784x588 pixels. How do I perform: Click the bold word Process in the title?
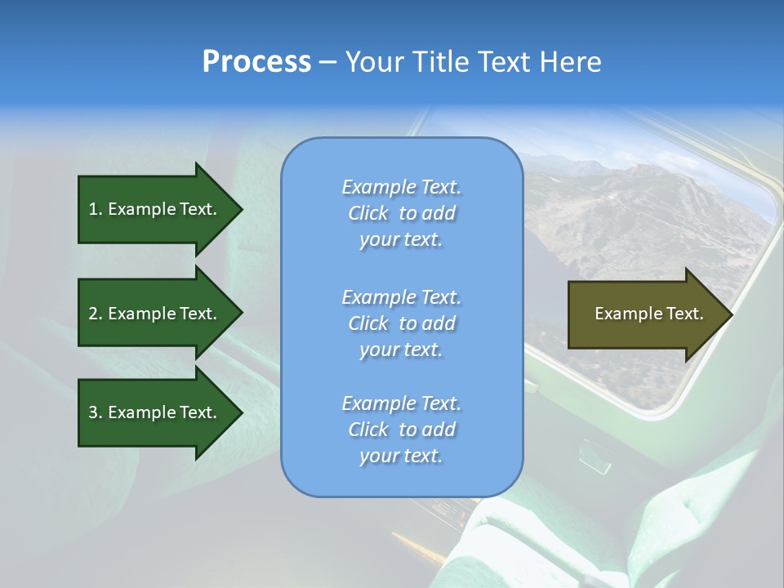point(256,62)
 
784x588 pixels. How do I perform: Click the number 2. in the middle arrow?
point(96,314)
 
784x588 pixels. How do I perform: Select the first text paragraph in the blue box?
point(401,213)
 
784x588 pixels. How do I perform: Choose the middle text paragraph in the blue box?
point(401,323)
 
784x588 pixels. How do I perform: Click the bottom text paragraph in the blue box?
point(401,430)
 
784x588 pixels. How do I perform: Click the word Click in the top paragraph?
point(367,214)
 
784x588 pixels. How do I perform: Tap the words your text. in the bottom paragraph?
point(401,456)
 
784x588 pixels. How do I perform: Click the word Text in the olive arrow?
point(684,314)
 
